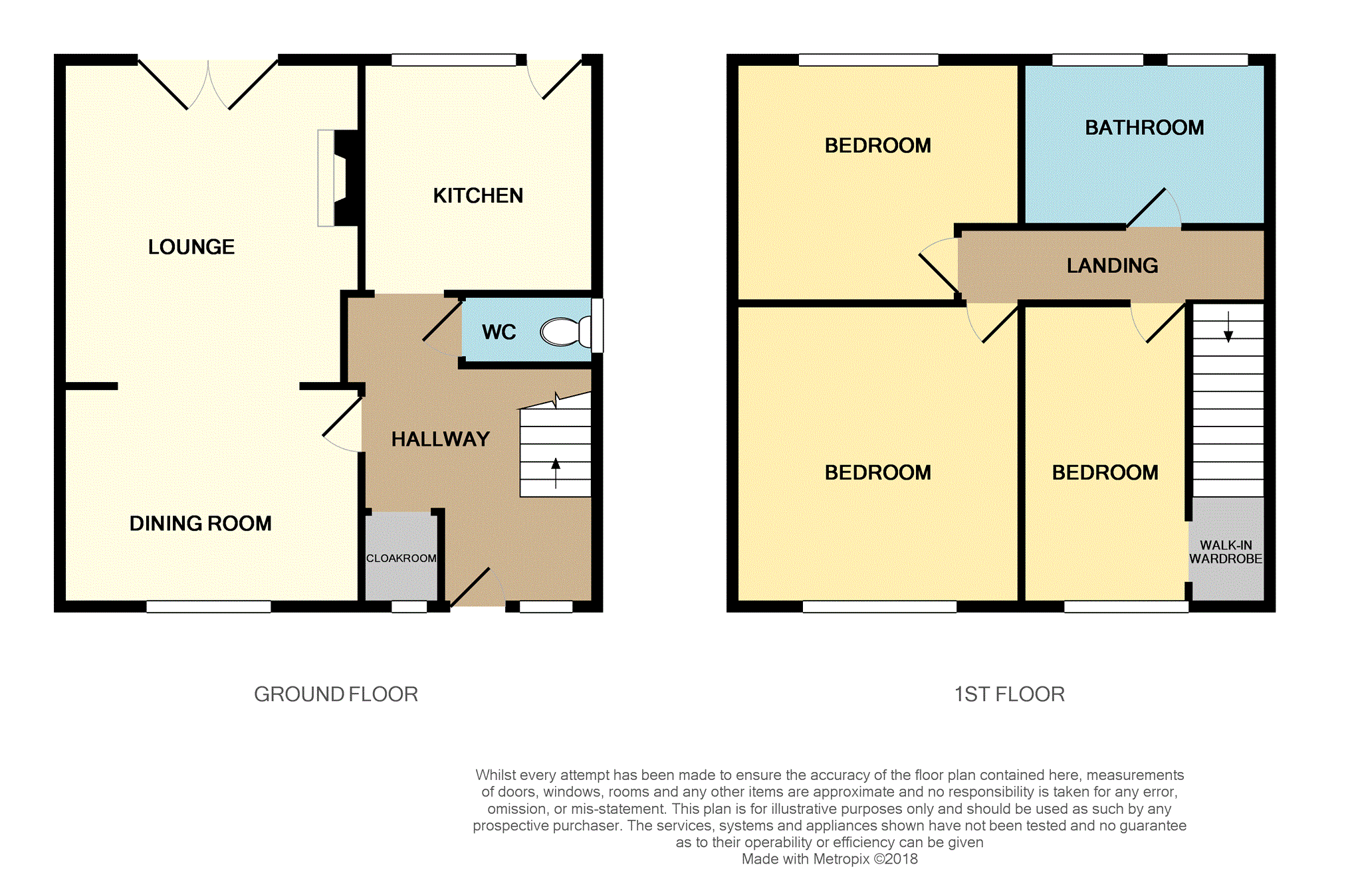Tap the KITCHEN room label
(478, 195)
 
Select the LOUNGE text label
(191, 246)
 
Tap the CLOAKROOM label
(401, 558)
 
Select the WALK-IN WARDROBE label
(1226, 552)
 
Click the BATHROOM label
(1144, 128)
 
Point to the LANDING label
(1112, 266)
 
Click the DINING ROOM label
(200, 524)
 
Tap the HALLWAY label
(440, 439)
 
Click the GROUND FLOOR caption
(336, 694)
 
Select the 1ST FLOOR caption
(1009, 694)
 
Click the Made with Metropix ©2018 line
(829, 859)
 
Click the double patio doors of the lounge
(208, 84)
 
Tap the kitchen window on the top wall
(453, 60)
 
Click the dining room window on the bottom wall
(208, 606)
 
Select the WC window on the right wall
(597, 325)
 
